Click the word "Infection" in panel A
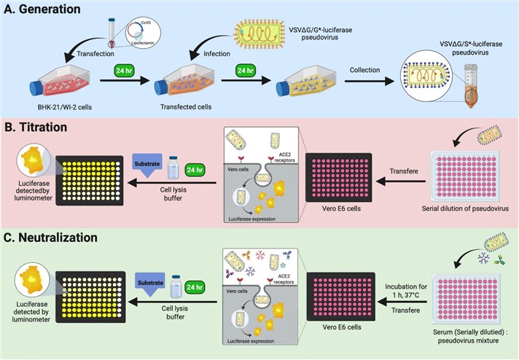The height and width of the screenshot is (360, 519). click(x=212, y=52)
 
